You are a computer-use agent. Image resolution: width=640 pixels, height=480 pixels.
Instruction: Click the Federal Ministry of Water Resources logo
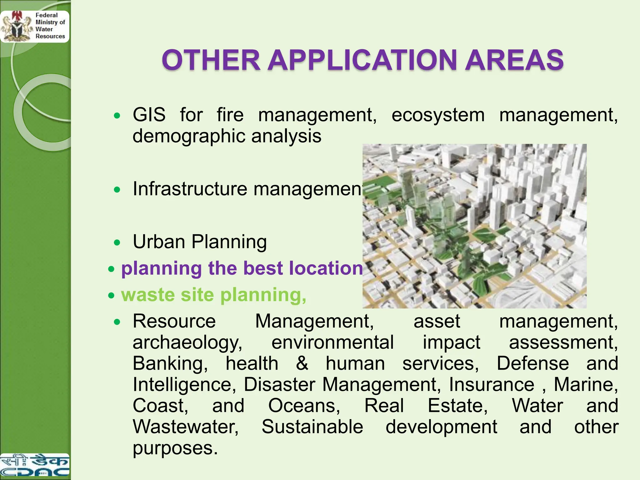pyautogui.click(x=34, y=27)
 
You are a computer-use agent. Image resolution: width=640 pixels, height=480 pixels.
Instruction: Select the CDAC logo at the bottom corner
pyautogui.click(x=34, y=466)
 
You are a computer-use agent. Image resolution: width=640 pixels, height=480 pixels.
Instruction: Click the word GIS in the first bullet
pyautogui.click(x=149, y=115)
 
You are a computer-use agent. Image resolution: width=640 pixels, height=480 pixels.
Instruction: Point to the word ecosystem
pyautogui.click(x=438, y=115)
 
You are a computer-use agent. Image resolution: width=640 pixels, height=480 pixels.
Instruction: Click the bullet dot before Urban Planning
pyautogui.click(x=117, y=242)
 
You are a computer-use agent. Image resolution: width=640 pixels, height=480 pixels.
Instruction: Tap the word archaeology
pyautogui.click(x=187, y=342)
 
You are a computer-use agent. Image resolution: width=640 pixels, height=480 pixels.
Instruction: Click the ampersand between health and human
pyautogui.click(x=302, y=363)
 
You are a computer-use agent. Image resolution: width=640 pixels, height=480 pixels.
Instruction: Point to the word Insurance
pyautogui.click(x=492, y=384)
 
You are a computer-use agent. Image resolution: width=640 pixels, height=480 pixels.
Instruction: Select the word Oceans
pyautogui.click(x=304, y=406)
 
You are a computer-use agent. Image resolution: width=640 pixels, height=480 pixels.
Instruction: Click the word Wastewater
pyautogui.click(x=186, y=427)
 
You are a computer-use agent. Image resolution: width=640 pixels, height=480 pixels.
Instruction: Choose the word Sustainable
pyautogui.click(x=312, y=427)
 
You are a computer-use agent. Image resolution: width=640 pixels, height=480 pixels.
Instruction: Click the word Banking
pyautogui.click(x=170, y=363)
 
